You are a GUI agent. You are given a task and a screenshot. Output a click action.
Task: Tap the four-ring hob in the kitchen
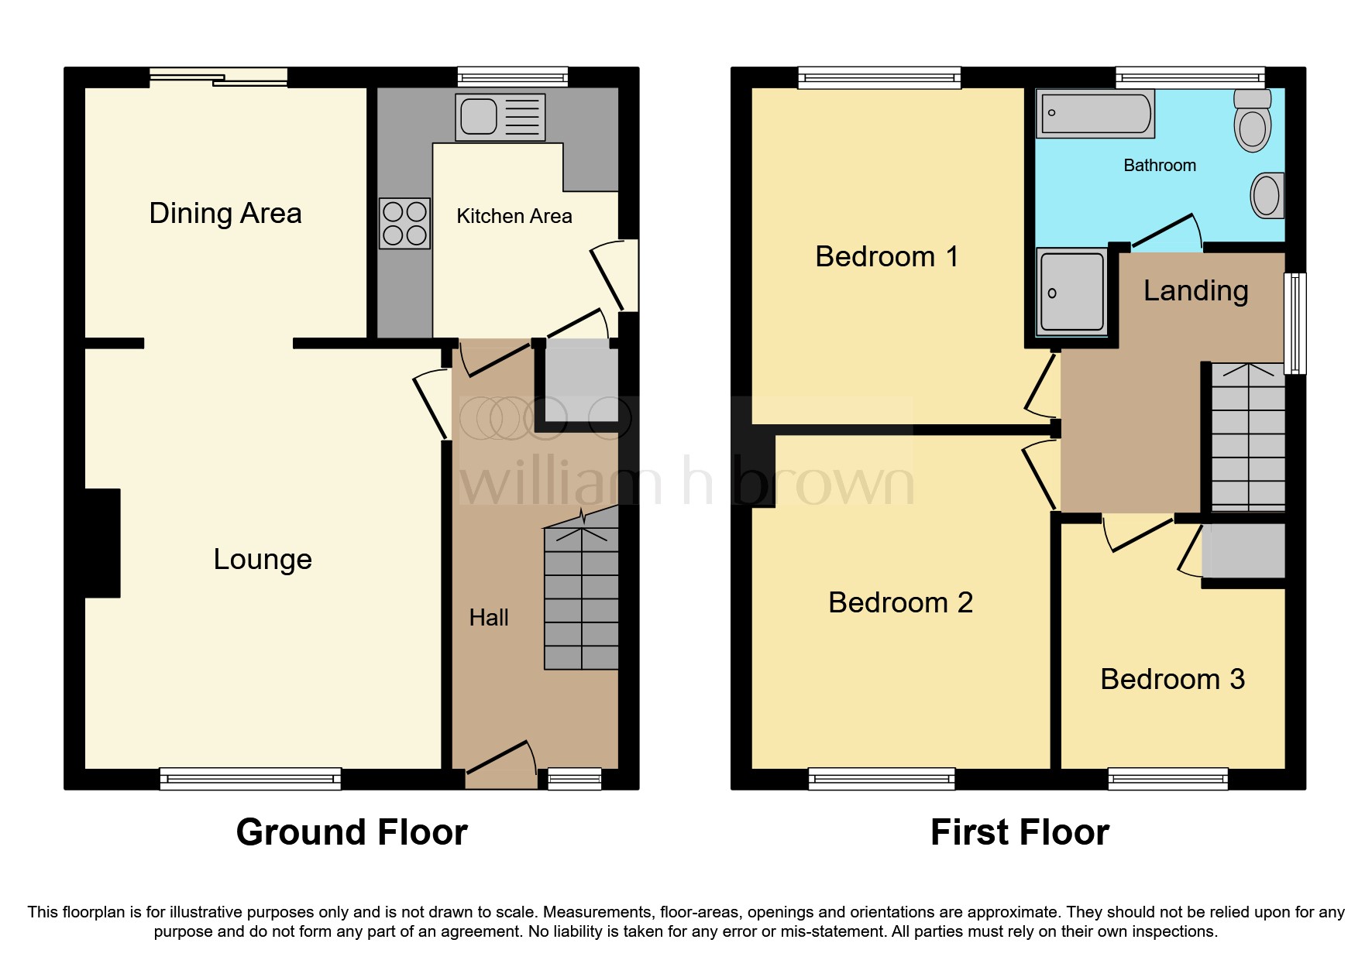(x=404, y=223)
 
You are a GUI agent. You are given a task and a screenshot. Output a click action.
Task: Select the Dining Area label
(x=225, y=213)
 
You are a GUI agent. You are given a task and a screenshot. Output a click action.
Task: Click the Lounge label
(x=263, y=559)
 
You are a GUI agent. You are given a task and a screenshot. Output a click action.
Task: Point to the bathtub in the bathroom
(x=1095, y=114)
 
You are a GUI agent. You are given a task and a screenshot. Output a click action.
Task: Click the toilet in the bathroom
(x=1252, y=122)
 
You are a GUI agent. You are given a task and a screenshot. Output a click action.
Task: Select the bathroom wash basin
(x=1267, y=195)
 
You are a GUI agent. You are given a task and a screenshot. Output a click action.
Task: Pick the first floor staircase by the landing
(x=1247, y=437)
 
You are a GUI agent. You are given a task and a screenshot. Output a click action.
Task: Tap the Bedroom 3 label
(x=1172, y=679)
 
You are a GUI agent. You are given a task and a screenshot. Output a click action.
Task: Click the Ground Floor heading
(x=352, y=832)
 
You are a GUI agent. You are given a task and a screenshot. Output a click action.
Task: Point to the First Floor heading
(x=1020, y=832)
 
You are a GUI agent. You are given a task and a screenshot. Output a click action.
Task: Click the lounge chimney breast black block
(x=102, y=543)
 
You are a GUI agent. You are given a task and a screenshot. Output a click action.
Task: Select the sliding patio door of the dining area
(x=218, y=77)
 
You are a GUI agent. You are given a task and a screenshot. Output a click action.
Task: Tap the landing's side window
(x=1295, y=323)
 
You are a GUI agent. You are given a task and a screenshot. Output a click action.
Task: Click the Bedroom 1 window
(x=879, y=77)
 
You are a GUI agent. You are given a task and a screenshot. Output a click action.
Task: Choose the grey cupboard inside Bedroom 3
(x=1243, y=550)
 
